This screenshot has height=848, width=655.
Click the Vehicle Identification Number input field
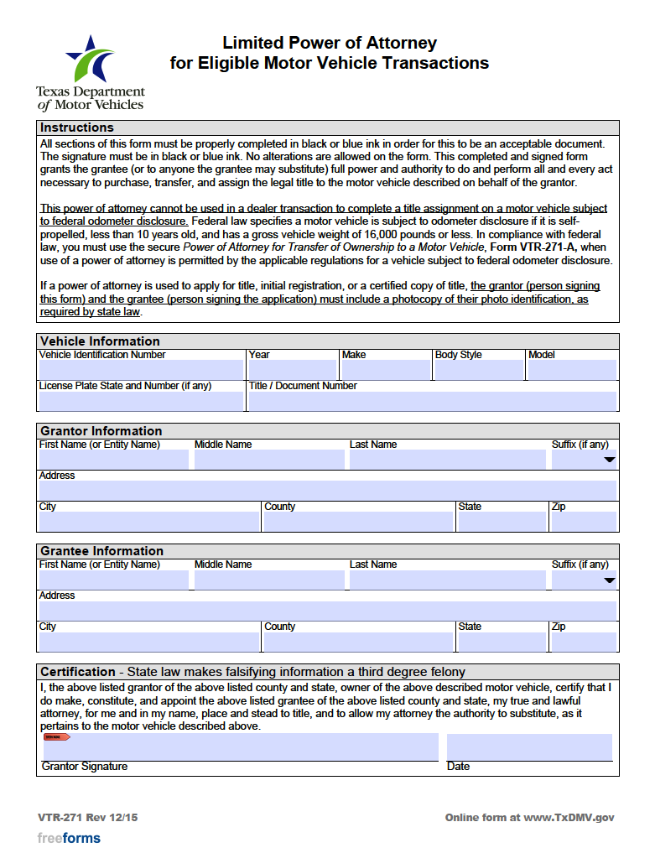tap(141, 370)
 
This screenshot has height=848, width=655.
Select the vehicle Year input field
tap(292, 370)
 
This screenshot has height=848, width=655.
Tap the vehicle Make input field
tap(385, 370)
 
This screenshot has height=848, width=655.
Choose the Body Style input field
tap(478, 370)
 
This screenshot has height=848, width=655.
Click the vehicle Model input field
tap(572, 370)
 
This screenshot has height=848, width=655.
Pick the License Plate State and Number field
tap(141, 401)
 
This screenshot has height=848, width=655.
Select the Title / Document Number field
tap(432, 401)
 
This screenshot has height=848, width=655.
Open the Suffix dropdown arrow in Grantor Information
tap(610, 460)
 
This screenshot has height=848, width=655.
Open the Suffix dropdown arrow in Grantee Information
tap(610, 580)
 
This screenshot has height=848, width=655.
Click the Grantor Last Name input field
tap(447, 460)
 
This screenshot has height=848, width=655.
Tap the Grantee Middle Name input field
tap(269, 580)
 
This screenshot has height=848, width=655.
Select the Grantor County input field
tap(357, 522)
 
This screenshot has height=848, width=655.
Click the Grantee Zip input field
tap(583, 642)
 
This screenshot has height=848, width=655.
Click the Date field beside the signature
tap(529, 747)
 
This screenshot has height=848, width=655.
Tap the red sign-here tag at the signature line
tap(56, 737)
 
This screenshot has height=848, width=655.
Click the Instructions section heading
tap(77, 127)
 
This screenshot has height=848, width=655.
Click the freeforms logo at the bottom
tap(69, 838)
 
